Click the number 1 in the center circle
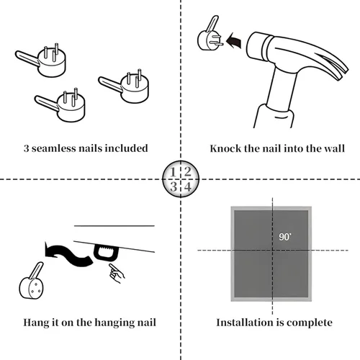tap(173, 172)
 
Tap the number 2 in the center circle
tap(187, 172)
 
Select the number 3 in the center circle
tap(174, 186)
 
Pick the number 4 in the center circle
tap(188, 186)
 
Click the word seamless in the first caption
tap(53, 148)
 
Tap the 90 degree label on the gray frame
tap(285, 237)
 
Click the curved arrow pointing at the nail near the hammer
tap(234, 41)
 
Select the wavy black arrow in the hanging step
tap(68, 254)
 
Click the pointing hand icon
tap(117, 274)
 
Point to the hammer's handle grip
tap(274, 117)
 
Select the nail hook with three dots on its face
tap(32, 282)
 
